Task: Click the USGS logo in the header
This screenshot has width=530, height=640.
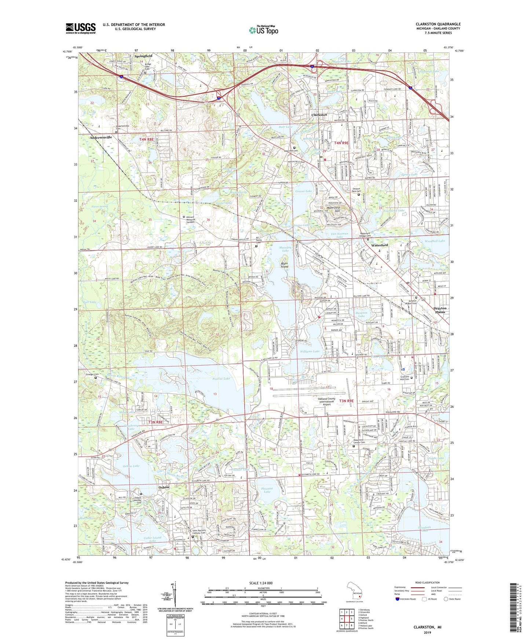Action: pyautogui.click(x=81, y=28)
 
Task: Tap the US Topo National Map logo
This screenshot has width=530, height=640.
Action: pyautogui.click(x=263, y=30)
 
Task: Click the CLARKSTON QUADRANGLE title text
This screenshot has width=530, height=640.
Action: pyautogui.click(x=438, y=24)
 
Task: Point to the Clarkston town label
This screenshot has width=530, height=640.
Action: pyautogui.click(x=319, y=115)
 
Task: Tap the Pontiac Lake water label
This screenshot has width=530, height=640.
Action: pyautogui.click(x=221, y=378)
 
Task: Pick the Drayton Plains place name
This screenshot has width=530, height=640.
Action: pyautogui.click(x=440, y=310)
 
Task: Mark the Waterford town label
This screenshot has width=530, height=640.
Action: pyautogui.click(x=379, y=245)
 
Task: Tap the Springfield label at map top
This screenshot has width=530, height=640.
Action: pyautogui.click(x=143, y=56)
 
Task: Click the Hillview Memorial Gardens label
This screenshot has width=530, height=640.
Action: pyautogui.click(x=194, y=219)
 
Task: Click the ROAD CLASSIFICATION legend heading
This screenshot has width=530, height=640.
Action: pyautogui.click(x=427, y=582)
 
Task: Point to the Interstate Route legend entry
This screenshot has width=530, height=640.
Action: pyautogui.click(x=405, y=599)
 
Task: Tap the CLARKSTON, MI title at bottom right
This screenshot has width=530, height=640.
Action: pyautogui.click(x=427, y=627)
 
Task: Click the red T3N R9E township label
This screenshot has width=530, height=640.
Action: pyautogui.click(x=346, y=401)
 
